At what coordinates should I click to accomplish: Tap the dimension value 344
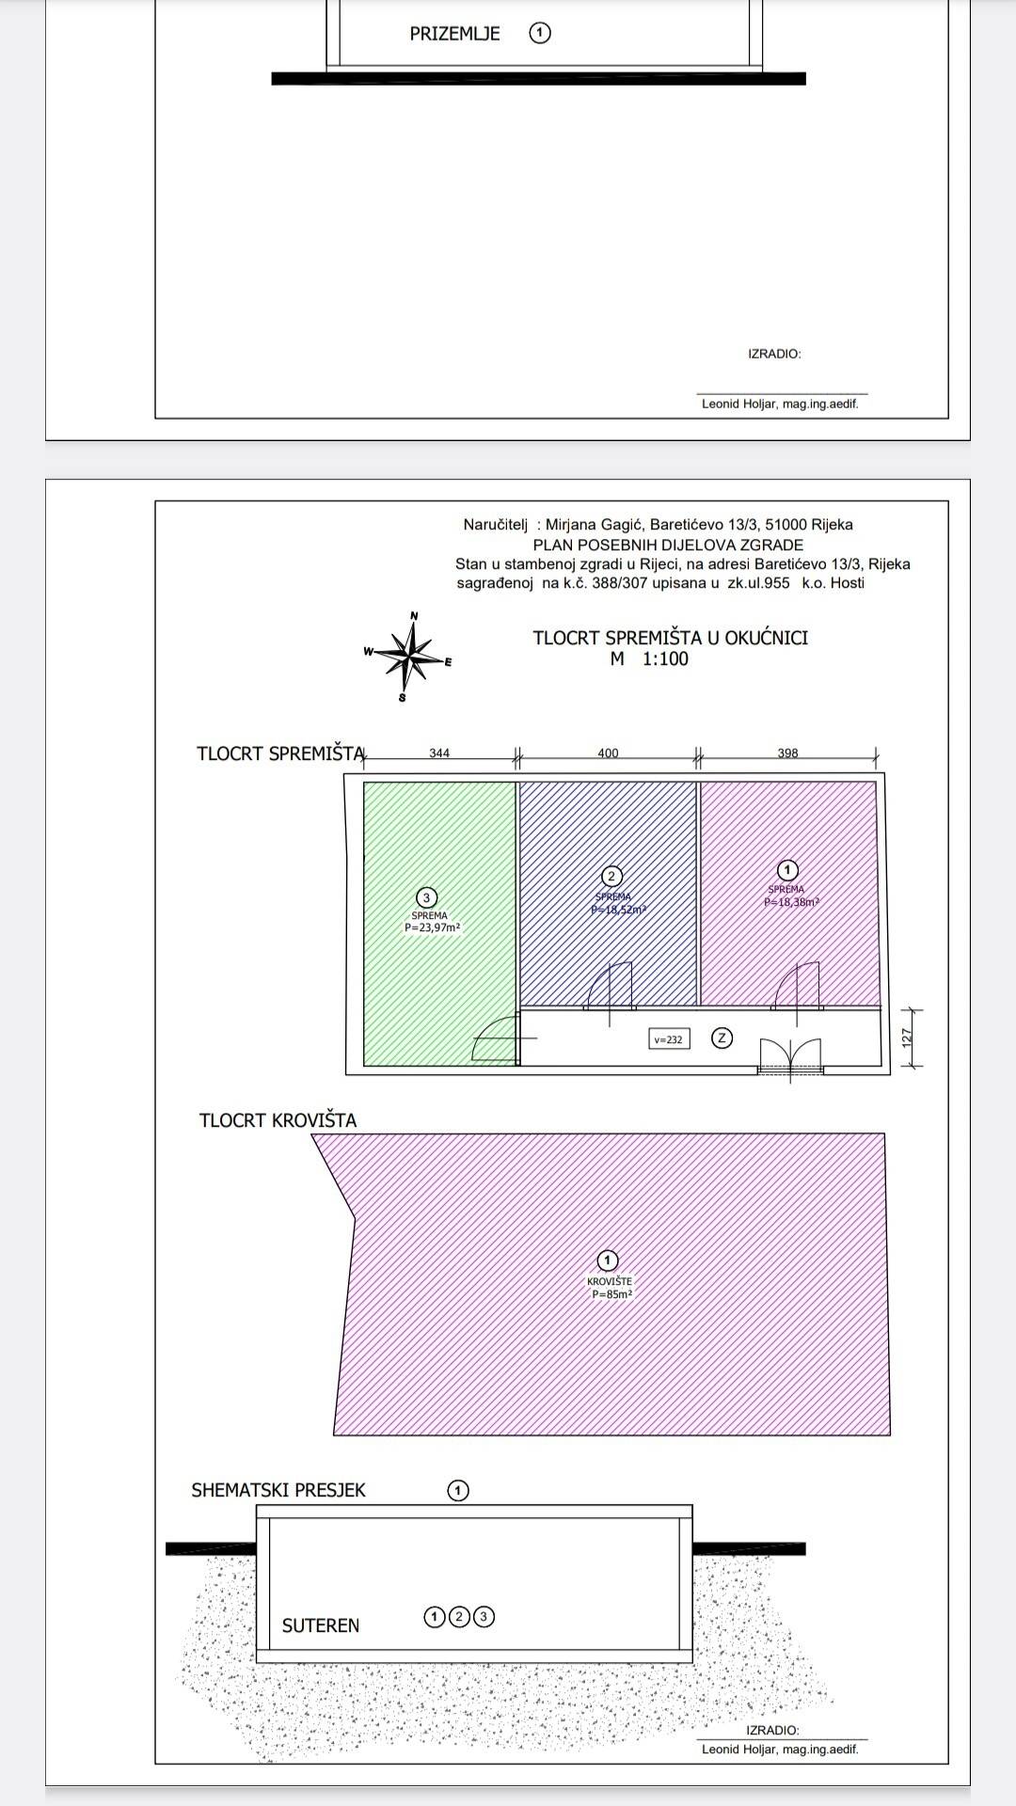439,752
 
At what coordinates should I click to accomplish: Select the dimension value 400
608,752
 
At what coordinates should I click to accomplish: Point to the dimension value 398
787,752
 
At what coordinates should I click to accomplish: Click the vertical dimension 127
907,1038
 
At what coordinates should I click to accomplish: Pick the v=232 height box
668,1039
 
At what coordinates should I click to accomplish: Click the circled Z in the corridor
722,1038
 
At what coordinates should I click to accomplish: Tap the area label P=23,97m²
432,927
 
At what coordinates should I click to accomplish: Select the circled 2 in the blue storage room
611,877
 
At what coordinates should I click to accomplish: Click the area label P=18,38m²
791,901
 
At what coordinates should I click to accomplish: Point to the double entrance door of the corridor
790,1056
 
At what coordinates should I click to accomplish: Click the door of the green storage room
497,1039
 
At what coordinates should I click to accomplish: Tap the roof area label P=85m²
611,1294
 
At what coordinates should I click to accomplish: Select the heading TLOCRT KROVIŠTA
278,1120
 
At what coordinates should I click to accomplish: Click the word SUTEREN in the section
321,1625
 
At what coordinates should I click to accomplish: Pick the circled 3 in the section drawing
484,1617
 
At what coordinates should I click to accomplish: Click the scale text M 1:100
649,659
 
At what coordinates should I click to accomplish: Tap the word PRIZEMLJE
454,34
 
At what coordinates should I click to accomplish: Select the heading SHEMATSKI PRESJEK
278,1490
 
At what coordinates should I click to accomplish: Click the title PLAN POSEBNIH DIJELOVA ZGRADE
668,545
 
